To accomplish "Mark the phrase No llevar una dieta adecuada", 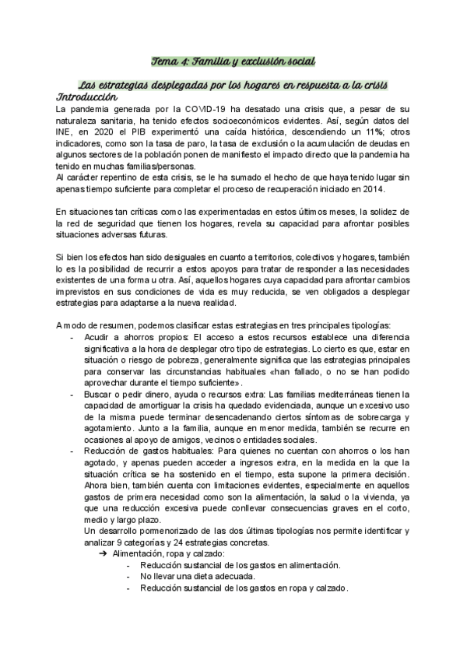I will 197,576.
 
